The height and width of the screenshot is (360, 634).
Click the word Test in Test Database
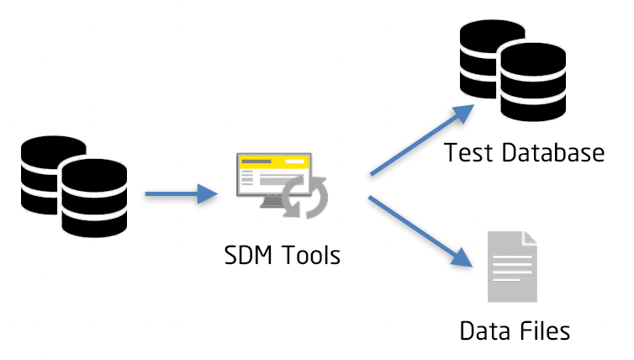[467, 153]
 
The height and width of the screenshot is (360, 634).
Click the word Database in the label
[549, 153]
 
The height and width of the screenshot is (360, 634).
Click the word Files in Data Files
[546, 330]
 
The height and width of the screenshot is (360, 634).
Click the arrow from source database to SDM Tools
[177, 195]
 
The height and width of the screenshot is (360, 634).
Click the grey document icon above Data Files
[512, 267]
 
